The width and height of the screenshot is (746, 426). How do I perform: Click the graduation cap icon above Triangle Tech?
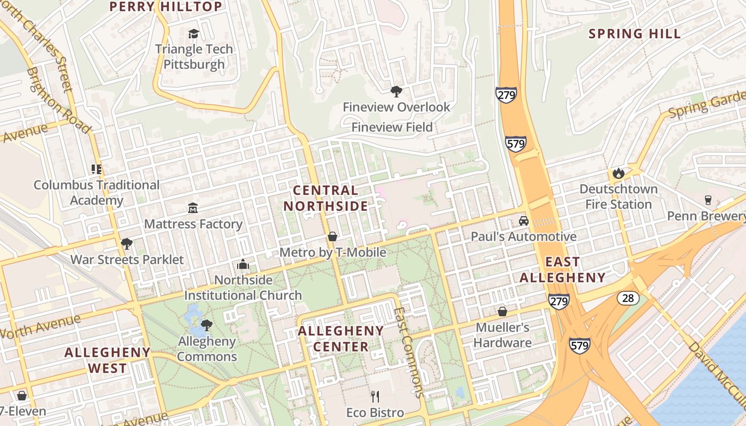point(193,34)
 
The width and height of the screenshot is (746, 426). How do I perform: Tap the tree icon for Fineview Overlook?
point(396,92)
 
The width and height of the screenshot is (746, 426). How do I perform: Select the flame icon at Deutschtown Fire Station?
point(618,173)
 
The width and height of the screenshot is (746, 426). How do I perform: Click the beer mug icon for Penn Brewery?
point(708,200)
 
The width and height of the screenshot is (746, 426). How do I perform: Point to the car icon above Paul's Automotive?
point(524,220)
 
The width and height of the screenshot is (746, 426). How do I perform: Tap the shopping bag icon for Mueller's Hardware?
point(502,312)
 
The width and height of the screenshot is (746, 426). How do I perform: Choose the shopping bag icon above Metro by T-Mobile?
point(333,236)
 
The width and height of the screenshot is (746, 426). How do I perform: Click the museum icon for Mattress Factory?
point(193,208)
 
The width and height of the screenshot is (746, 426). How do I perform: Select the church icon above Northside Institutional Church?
point(243,265)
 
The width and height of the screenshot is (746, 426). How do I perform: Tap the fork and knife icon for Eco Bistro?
point(375,396)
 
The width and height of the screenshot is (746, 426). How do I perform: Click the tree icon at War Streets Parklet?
point(127,244)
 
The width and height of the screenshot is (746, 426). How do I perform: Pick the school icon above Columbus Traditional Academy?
point(96,169)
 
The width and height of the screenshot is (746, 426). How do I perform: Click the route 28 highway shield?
point(628,298)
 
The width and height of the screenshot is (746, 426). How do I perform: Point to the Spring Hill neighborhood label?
point(635,34)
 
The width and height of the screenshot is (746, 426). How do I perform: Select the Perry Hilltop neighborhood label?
point(166,6)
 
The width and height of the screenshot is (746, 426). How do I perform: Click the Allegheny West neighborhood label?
point(108,360)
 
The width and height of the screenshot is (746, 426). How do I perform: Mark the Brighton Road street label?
point(58,101)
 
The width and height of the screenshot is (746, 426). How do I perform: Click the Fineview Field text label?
point(392,127)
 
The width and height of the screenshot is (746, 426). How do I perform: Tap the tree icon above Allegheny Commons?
point(207,325)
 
